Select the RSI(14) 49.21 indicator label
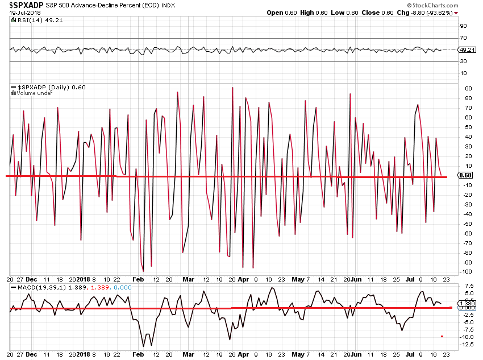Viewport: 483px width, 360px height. click(x=33, y=19)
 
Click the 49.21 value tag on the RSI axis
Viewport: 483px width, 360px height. click(x=471, y=50)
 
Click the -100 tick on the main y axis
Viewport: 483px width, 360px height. click(x=467, y=272)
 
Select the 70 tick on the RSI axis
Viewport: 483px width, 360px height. click(x=464, y=38)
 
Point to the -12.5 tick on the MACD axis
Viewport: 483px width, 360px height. click(x=468, y=346)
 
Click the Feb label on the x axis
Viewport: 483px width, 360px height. click(x=138, y=280)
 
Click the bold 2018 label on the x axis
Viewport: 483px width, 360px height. click(x=84, y=280)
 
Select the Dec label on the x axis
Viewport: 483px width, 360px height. click(x=32, y=280)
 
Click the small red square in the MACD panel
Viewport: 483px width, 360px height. click(x=442, y=336)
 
